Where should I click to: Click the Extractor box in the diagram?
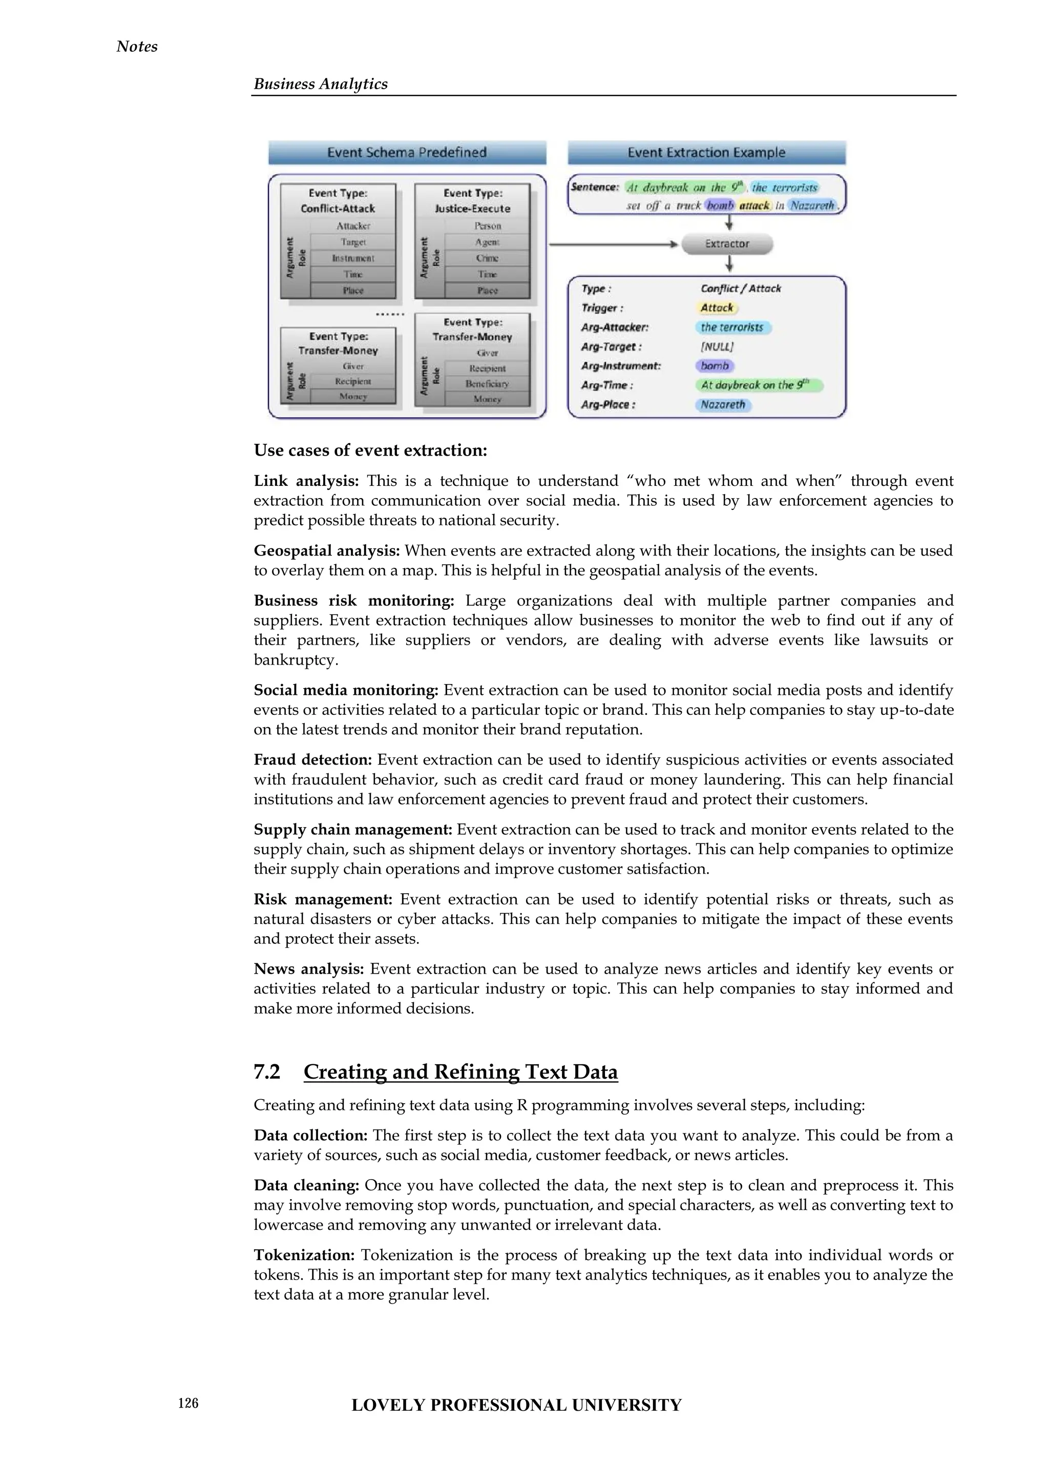727,244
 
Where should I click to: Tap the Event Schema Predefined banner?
407,153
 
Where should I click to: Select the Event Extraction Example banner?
707,153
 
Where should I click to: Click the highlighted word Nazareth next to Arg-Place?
723,405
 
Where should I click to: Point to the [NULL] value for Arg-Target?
717,346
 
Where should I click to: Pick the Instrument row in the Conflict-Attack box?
353,258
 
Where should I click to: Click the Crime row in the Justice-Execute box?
487,258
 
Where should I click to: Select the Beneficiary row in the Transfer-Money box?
487,383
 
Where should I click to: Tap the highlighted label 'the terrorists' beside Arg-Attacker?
732,327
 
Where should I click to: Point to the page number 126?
188,1403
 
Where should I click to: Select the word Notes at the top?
137,47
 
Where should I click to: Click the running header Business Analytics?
320,84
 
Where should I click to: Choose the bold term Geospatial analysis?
327,551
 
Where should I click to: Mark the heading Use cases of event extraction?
370,450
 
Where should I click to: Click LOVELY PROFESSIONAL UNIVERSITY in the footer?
516,1405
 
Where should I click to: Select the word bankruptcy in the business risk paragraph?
294,660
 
